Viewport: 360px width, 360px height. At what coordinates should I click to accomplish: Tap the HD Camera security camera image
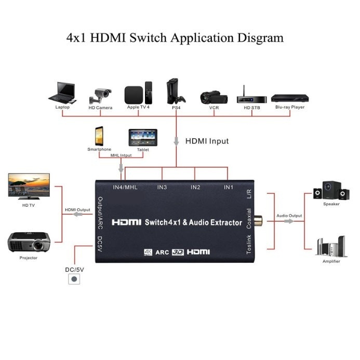click(x=100, y=95)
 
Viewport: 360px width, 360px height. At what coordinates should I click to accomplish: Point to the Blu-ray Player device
click(x=289, y=98)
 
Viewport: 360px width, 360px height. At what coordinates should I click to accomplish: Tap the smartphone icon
click(x=99, y=137)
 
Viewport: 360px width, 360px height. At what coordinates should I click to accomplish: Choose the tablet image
click(x=142, y=138)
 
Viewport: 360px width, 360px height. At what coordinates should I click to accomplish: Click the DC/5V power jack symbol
click(x=75, y=279)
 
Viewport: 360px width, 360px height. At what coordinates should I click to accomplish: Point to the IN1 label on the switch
click(x=229, y=186)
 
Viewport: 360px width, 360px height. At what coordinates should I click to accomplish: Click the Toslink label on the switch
click(x=249, y=244)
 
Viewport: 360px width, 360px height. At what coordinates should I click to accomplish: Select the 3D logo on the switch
click(x=178, y=252)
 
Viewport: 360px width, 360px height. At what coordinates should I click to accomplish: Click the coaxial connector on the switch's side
click(x=258, y=221)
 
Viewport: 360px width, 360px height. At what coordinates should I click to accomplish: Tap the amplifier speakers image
click(x=331, y=246)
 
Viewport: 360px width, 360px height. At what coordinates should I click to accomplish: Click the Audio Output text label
click(x=289, y=215)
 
